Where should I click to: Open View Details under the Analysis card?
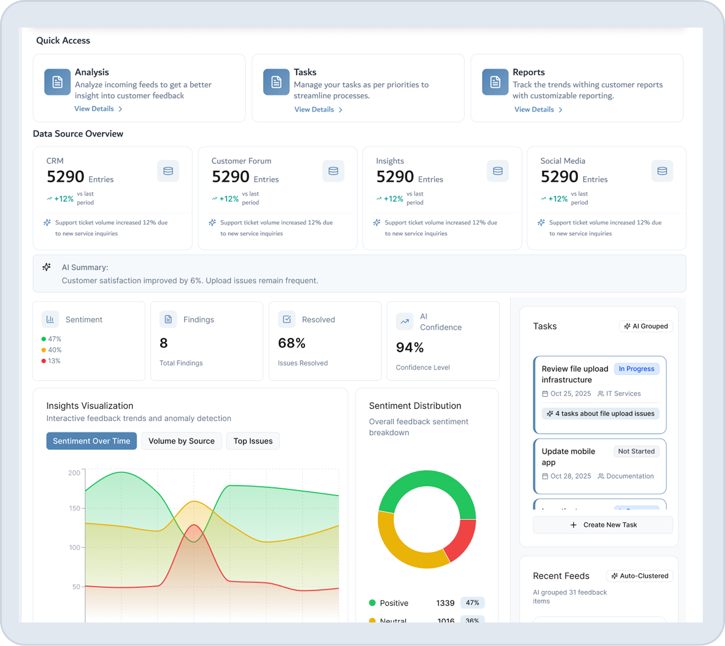click(x=98, y=109)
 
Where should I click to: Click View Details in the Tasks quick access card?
click(x=318, y=110)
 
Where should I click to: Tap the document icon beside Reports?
click(x=495, y=82)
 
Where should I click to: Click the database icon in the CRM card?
click(x=168, y=171)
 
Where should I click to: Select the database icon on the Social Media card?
click(x=662, y=171)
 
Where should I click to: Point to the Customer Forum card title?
click(x=241, y=161)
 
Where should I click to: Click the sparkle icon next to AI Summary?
click(x=47, y=267)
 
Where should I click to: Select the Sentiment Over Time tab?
click(x=92, y=441)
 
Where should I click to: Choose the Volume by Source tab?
click(x=181, y=441)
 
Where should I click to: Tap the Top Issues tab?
click(x=253, y=441)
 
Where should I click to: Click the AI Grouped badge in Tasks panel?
click(x=646, y=326)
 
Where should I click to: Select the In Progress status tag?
click(x=636, y=369)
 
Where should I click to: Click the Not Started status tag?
click(x=636, y=451)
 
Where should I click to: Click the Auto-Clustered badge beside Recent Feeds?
click(x=640, y=576)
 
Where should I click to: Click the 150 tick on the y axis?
click(x=75, y=508)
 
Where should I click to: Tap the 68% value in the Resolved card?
click(x=291, y=343)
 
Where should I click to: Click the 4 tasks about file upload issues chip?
click(x=600, y=414)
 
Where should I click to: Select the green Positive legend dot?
click(x=372, y=603)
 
